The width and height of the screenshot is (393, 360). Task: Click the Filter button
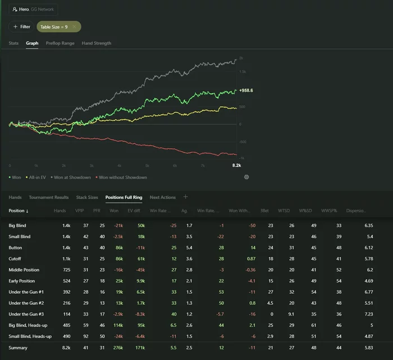(21, 26)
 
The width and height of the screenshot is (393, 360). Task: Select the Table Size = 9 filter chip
(58, 26)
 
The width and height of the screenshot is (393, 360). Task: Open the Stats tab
(13, 43)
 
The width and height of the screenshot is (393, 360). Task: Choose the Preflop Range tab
(60, 43)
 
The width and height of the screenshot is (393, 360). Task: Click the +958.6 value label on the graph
(246, 90)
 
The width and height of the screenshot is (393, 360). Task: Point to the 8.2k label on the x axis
(236, 166)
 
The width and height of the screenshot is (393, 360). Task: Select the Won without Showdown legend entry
(123, 177)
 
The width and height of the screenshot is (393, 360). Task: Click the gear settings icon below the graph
(246, 177)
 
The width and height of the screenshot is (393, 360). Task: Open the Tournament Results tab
(49, 197)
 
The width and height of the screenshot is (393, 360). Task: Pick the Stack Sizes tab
(87, 197)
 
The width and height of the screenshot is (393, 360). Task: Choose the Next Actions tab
(162, 197)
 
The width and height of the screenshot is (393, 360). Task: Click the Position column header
(19, 211)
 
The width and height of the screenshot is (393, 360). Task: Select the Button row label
(16, 248)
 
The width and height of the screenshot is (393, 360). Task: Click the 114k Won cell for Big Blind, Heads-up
(118, 325)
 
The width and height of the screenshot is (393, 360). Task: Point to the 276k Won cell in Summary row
(118, 348)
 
